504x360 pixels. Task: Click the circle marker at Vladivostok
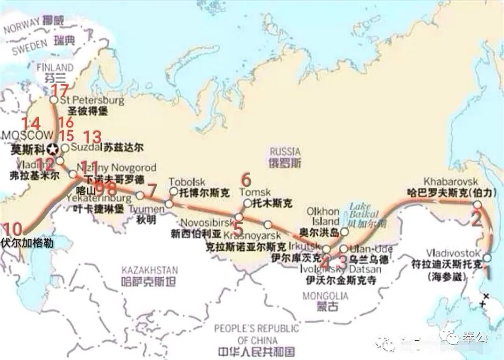click(487, 258)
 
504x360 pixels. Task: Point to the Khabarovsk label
click(451, 182)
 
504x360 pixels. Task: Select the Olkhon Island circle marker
click(344, 232)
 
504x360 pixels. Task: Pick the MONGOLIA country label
click(325, 296)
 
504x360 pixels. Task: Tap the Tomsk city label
click(255, 192)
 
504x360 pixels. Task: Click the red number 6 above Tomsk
click(246, 179)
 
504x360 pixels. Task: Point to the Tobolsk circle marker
click(174, 191)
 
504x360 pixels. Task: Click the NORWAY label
click(21, 27)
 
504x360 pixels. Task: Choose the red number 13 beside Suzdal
click(92, 137)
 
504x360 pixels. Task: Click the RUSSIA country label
click(285, 152)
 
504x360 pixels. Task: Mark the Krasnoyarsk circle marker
click(267, 225)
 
